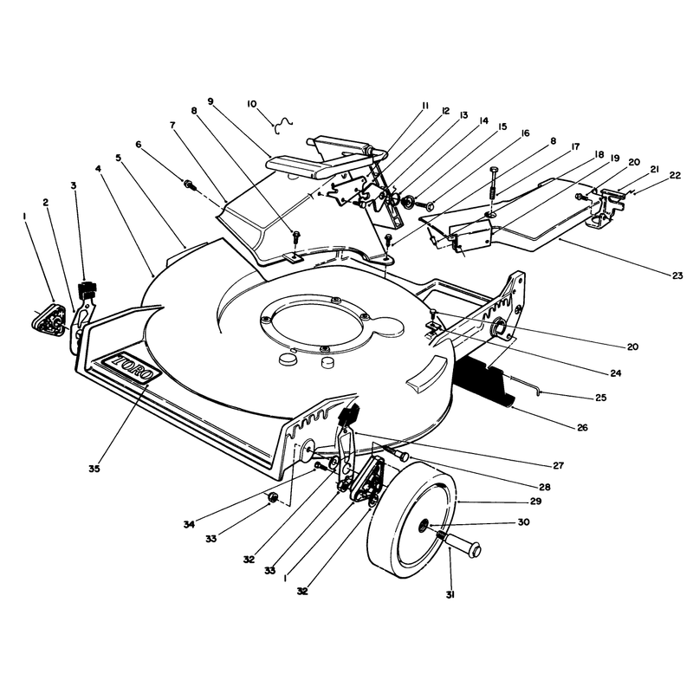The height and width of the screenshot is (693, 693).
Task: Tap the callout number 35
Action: pyautogui.click(x=94, y=469)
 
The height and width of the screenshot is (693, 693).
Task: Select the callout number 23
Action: pyautogui.click(x=677, y=275)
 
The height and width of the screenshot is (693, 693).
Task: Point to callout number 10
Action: pyautogui.click(x=251, y=104)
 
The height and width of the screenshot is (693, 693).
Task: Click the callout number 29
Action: pyautogui.click(x=536, y=502)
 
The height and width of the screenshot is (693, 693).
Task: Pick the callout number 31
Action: pyautogui.click(x=450, y=595)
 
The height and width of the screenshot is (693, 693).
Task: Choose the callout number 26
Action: pyautogui.click(x=582, y=427)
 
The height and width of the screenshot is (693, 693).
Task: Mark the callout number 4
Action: pyautogui.click(x=98, y=168)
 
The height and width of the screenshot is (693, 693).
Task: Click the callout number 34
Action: pyautogui.click(x=189, y=525)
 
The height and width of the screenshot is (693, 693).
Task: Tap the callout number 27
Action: pyautogui.click(x=558, y=465)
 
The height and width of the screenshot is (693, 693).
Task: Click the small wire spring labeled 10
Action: pyautogui.click(x=283, y=126)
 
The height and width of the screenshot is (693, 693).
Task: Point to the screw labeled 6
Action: pyautogui.click(x=189, y=183)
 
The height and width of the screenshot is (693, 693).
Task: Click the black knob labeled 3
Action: pyautogui.click(x=87, y=289)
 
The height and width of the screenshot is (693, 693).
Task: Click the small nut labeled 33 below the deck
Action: pyautogui.click(x=273, y=498)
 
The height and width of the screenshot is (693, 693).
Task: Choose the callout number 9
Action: pyautogui.click(x=210, y=101)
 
